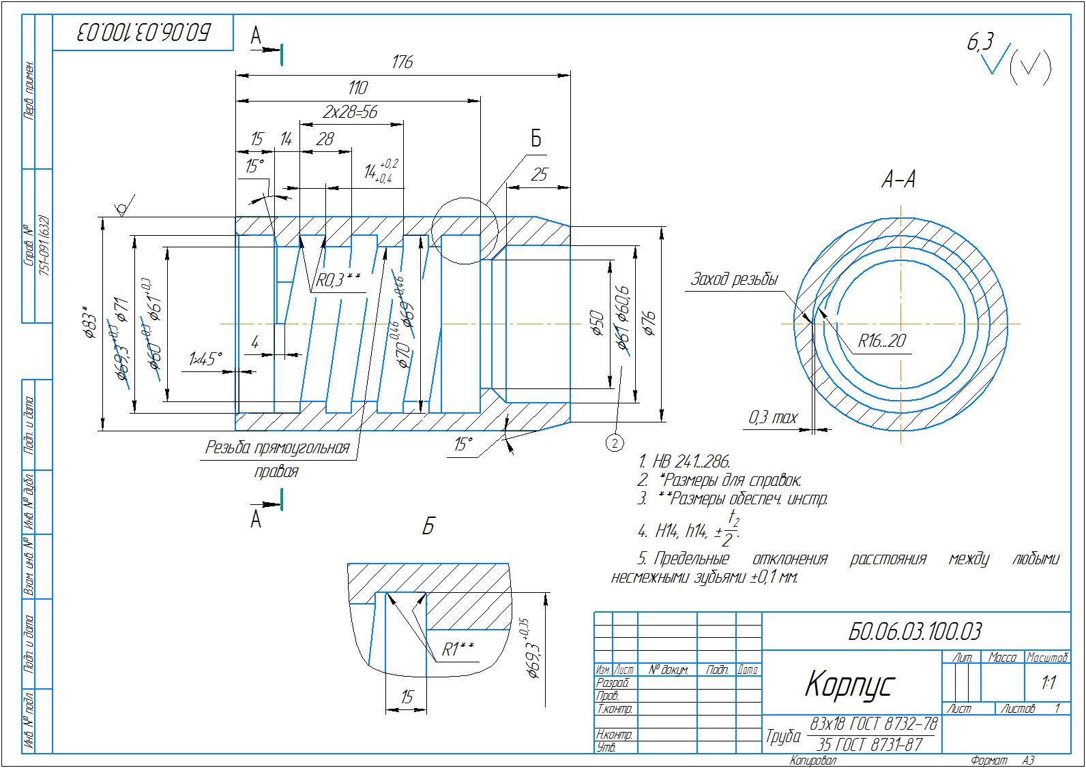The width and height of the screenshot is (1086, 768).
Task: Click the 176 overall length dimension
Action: point(402,62)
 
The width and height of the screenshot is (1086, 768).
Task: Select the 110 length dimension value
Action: point(357,87)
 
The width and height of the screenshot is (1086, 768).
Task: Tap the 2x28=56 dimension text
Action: point(350,111)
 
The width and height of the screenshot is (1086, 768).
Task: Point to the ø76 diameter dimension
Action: point(649,322)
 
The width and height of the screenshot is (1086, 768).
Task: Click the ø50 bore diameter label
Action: point(596,323)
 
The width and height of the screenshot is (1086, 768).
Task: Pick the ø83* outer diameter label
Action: point(89,326)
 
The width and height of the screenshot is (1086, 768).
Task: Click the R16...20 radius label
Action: point(882,340)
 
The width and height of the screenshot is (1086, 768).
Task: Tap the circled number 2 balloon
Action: point(614,444)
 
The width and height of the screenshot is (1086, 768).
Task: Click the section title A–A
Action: point(898,180)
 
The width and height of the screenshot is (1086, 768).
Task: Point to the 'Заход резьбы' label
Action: point(734,279)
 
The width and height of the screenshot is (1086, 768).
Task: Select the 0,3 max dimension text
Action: point(772,417)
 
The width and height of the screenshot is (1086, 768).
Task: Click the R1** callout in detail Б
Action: point(457,649)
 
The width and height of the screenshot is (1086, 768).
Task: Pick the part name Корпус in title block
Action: point(849,683)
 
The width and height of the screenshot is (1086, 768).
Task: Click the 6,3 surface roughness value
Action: point(980,44)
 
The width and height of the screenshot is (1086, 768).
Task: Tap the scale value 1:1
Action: point(1048,682)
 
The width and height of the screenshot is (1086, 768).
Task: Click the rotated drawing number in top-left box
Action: point(144,32)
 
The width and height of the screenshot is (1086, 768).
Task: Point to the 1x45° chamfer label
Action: point(205,359)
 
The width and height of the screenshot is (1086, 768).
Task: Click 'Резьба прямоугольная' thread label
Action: point(277,448)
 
